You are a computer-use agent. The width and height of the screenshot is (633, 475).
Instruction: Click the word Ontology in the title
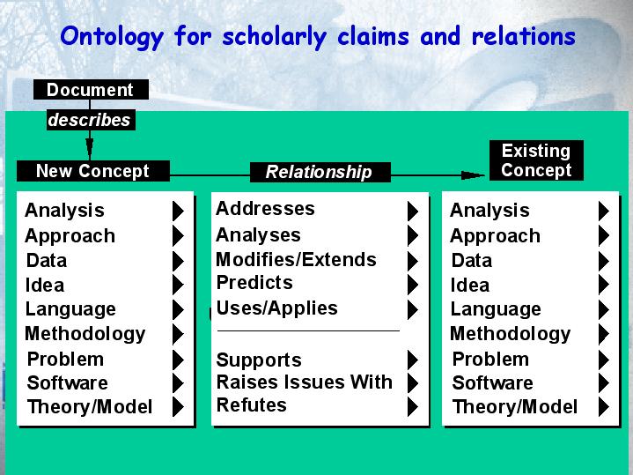coord(112,37)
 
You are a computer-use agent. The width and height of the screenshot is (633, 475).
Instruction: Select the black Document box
coord(91,89)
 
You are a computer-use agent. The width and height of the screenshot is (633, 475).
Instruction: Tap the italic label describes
coord(89,120)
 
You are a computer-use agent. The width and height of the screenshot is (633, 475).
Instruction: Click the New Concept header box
coord(92,171)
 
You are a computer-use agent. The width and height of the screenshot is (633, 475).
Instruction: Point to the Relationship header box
coord(320,172)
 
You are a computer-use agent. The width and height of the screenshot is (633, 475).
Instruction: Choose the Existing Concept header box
coord(536,160)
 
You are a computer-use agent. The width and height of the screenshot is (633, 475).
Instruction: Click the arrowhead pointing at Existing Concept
coord(473,175)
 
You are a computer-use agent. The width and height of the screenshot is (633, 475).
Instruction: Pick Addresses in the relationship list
coord(265,209)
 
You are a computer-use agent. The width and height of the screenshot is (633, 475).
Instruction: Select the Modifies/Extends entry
coord(296,260)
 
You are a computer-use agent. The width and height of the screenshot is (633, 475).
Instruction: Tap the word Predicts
coord(254,282)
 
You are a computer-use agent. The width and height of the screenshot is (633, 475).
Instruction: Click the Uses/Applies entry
coord(276,308)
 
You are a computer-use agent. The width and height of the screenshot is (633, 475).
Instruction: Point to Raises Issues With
coord(304,382)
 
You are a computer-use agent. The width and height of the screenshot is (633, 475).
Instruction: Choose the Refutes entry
coord(251,404)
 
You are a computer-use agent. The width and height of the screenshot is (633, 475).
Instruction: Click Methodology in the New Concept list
coord(85,334)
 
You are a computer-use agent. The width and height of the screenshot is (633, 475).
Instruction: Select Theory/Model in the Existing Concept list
coord(515,407)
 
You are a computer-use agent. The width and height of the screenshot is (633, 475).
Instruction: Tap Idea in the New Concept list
coord(44,286)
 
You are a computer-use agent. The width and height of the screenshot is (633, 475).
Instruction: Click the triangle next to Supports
coord(413,360)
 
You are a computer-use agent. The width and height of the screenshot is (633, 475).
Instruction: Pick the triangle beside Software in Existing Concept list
coord(604,382)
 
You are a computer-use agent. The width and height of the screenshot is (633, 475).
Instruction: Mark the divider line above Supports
coord(308,330)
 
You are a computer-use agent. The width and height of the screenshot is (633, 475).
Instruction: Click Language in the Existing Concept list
coord(496,310)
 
